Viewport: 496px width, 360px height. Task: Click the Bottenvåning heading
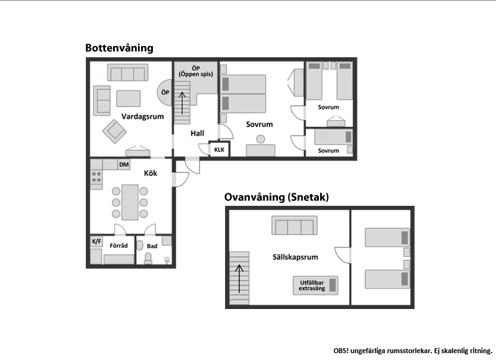119,48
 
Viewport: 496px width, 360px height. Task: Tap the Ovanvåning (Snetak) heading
277,197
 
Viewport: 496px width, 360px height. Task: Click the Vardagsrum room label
142,116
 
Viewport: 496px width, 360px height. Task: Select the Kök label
150,173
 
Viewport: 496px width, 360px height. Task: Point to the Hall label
197,133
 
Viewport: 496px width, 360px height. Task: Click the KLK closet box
219,149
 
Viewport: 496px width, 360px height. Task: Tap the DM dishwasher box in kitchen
124,165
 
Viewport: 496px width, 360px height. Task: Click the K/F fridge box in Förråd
96,242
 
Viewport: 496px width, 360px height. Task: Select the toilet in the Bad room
148,258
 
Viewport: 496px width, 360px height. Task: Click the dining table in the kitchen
130,202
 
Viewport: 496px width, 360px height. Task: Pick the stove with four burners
96,177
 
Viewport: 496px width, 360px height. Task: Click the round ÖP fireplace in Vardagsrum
165,93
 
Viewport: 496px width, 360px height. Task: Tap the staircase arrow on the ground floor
182,103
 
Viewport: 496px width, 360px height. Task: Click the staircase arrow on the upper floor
239,279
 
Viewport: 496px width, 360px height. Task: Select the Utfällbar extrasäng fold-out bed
315,285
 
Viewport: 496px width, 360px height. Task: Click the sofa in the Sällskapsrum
295,225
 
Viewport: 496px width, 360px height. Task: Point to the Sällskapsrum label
295,257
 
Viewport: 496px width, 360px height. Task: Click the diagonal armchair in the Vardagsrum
114,131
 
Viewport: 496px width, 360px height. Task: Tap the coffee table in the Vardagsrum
129,98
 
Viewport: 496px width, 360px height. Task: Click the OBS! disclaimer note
413,351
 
